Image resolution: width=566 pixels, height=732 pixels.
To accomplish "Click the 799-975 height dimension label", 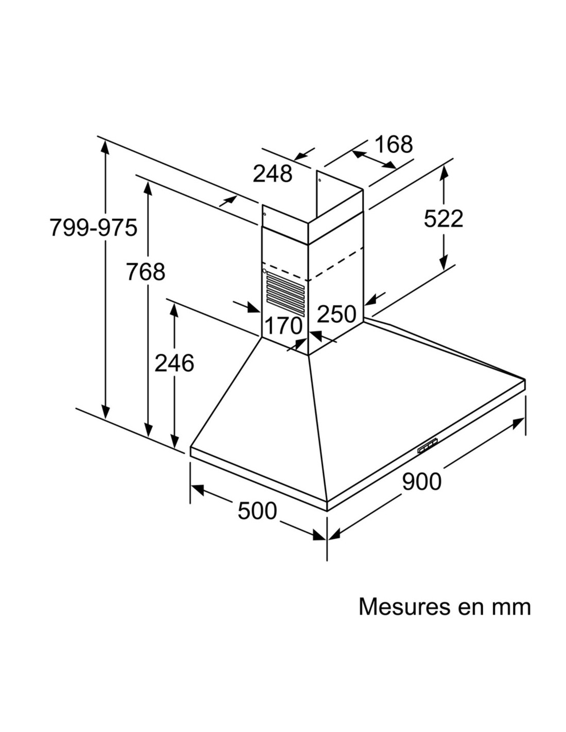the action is (93, 227).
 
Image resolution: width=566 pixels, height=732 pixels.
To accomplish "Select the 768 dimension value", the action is (146, 271).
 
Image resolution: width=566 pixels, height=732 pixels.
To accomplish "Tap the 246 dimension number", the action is (174, 363).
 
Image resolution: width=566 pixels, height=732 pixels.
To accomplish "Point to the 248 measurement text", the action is (272, 174).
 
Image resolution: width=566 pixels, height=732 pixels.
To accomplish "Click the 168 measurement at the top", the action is (394, 145).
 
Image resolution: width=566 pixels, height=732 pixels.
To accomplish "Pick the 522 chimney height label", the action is (443, 219).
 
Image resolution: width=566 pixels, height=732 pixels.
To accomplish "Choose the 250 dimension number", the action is (337, 314).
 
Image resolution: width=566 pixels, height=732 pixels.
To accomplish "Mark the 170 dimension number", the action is (283, 325).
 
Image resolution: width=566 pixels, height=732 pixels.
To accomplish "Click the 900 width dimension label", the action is (421, 481).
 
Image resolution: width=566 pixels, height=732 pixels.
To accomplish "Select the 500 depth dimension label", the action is (257, 511).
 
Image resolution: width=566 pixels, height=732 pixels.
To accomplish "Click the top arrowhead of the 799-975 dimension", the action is (105, 148).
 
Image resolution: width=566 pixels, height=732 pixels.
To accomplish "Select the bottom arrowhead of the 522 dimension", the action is (444, 262).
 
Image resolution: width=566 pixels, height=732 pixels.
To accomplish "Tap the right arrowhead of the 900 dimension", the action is (518, 423).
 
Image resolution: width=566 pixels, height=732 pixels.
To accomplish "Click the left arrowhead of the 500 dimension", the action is (197, 490).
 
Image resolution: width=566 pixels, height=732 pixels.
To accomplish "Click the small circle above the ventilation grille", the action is (264, 270).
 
